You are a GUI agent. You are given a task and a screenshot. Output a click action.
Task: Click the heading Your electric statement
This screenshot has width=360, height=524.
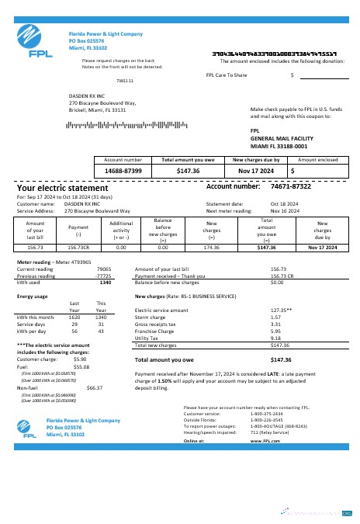point(63,188)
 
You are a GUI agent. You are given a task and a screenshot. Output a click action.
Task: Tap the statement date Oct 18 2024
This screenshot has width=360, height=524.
point(283,203)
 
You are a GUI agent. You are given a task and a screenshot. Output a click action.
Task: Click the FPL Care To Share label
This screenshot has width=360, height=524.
point(227,75)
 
